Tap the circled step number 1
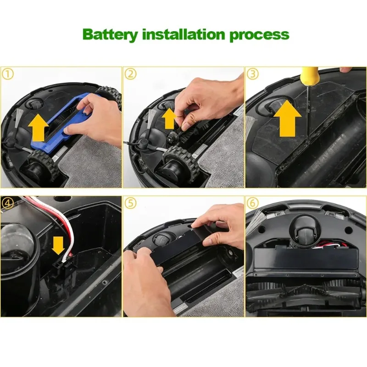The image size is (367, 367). [x=7, y=74]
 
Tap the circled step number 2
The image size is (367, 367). [x=131, y=74]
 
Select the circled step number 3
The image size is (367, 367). [x=253, y=74]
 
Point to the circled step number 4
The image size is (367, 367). [x=7, y=202]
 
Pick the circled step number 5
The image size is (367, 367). [x=131, y=202]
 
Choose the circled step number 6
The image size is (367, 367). [x=253, y=202]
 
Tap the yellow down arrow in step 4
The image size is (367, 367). [x=58, y=245]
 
